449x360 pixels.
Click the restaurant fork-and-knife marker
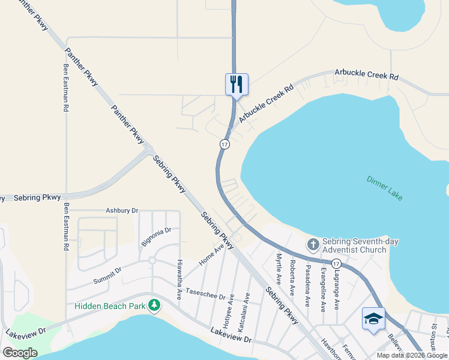(237, 85)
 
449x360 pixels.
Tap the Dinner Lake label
(385, 188)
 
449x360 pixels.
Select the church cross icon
(313, 245)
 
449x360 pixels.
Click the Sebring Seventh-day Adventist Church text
(361, 245)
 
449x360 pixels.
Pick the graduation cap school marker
(373, 318)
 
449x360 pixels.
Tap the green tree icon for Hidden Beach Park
(155, 305)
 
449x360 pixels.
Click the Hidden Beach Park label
(110, 306)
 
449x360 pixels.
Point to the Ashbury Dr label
(122, 211)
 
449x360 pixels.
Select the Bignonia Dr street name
(156, 236)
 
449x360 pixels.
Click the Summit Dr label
(107, 275)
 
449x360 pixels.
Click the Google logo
(20, 353)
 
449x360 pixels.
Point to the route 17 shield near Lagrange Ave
(336, 263)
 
